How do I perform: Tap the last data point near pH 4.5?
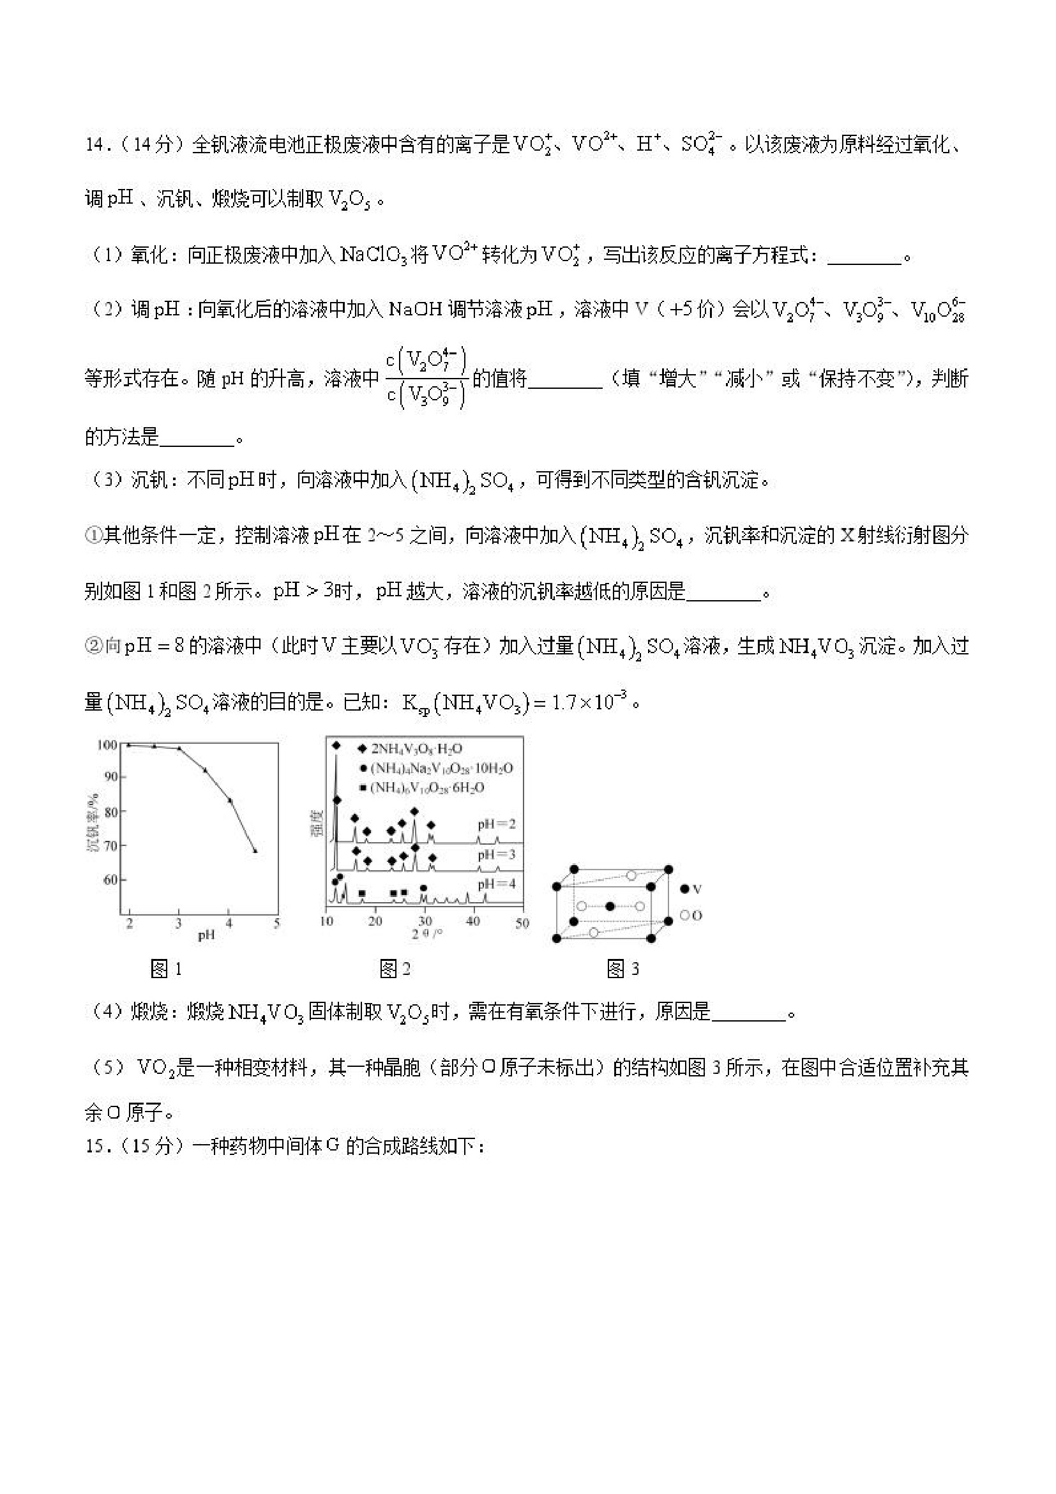(255, 851)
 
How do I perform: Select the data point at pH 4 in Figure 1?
(230, 801)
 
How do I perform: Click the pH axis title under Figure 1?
(206, 935)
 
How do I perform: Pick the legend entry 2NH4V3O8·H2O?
(416, 749)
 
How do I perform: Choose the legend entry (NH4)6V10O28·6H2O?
(427, 788)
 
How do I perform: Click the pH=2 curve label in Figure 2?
(497, 824)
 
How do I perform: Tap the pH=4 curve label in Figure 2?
(497, 884)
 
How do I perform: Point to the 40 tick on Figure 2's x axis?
(473, 922)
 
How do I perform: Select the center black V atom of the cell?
(610, 907)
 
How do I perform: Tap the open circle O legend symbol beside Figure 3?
(684, 916)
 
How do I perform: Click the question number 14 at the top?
(95, 144)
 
